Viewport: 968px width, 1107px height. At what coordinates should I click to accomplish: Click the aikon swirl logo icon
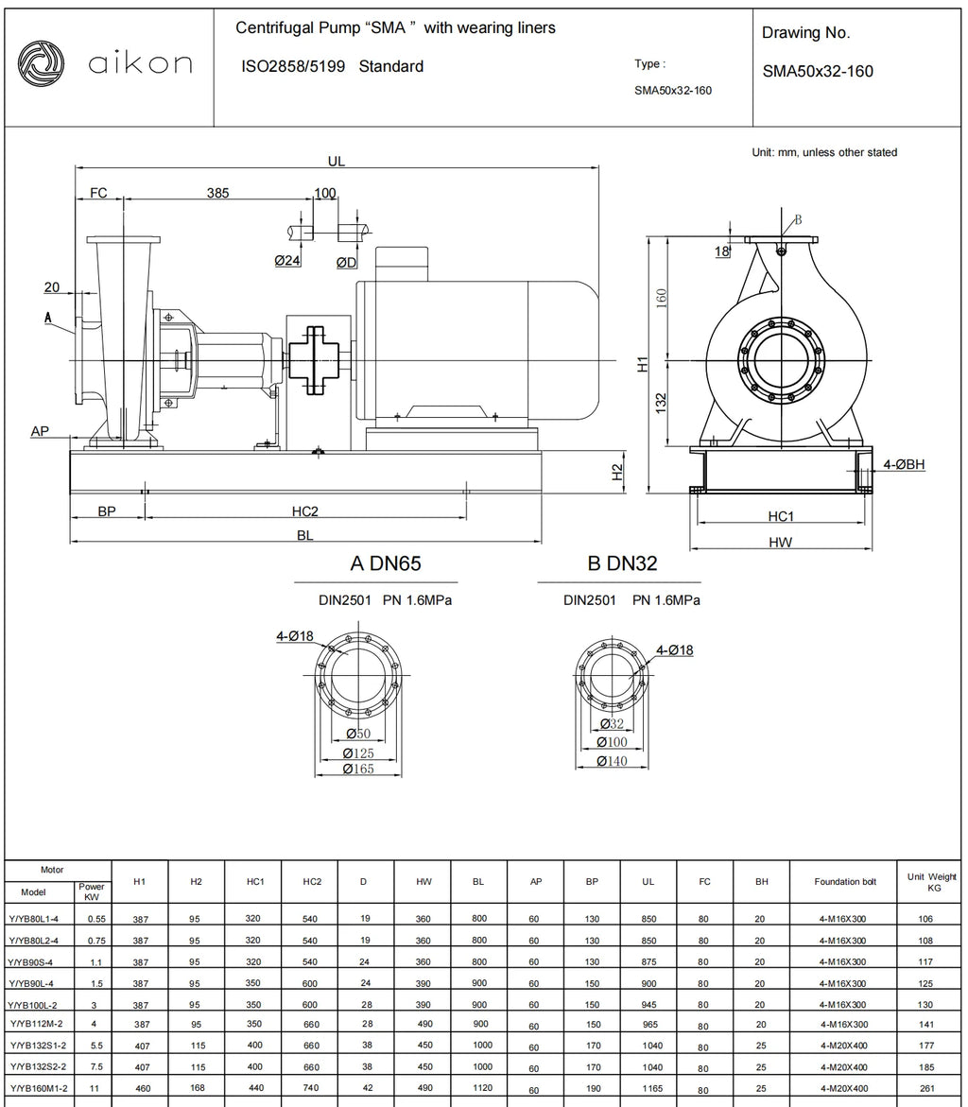pos(41,64)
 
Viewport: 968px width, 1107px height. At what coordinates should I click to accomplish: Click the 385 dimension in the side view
pos(217,193)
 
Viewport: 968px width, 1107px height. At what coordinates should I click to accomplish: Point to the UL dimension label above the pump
pos(337,161)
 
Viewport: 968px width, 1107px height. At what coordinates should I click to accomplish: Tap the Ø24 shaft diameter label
pos(287,261)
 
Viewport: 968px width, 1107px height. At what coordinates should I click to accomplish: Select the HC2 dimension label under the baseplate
pos(305,511)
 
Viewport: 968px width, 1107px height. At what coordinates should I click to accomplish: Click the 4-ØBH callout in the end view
pos(904,464)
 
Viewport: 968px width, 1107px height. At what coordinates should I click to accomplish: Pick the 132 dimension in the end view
pos(661,403)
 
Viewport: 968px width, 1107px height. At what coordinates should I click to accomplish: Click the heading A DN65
pos(386,563)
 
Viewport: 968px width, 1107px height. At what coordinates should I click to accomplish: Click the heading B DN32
pos(622,563)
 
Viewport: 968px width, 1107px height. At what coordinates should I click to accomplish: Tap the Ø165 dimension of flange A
pos(358,769)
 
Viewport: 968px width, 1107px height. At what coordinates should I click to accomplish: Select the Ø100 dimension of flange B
pos(612,742)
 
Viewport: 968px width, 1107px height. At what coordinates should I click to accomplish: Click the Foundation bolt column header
pos(844,882)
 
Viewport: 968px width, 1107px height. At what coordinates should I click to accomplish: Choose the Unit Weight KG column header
pos(932,882)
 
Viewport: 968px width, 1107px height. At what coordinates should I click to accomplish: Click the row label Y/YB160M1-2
pos(39,1089)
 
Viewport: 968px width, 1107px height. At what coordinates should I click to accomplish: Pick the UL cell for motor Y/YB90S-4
pos(648,961)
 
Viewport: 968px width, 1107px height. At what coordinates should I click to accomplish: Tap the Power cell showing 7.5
pos(96,1066)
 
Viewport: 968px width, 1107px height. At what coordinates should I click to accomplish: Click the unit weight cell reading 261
pos(927,1089)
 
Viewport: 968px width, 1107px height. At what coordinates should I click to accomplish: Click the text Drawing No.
pos(805,32)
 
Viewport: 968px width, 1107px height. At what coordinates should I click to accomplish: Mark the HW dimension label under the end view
pos(780,543)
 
